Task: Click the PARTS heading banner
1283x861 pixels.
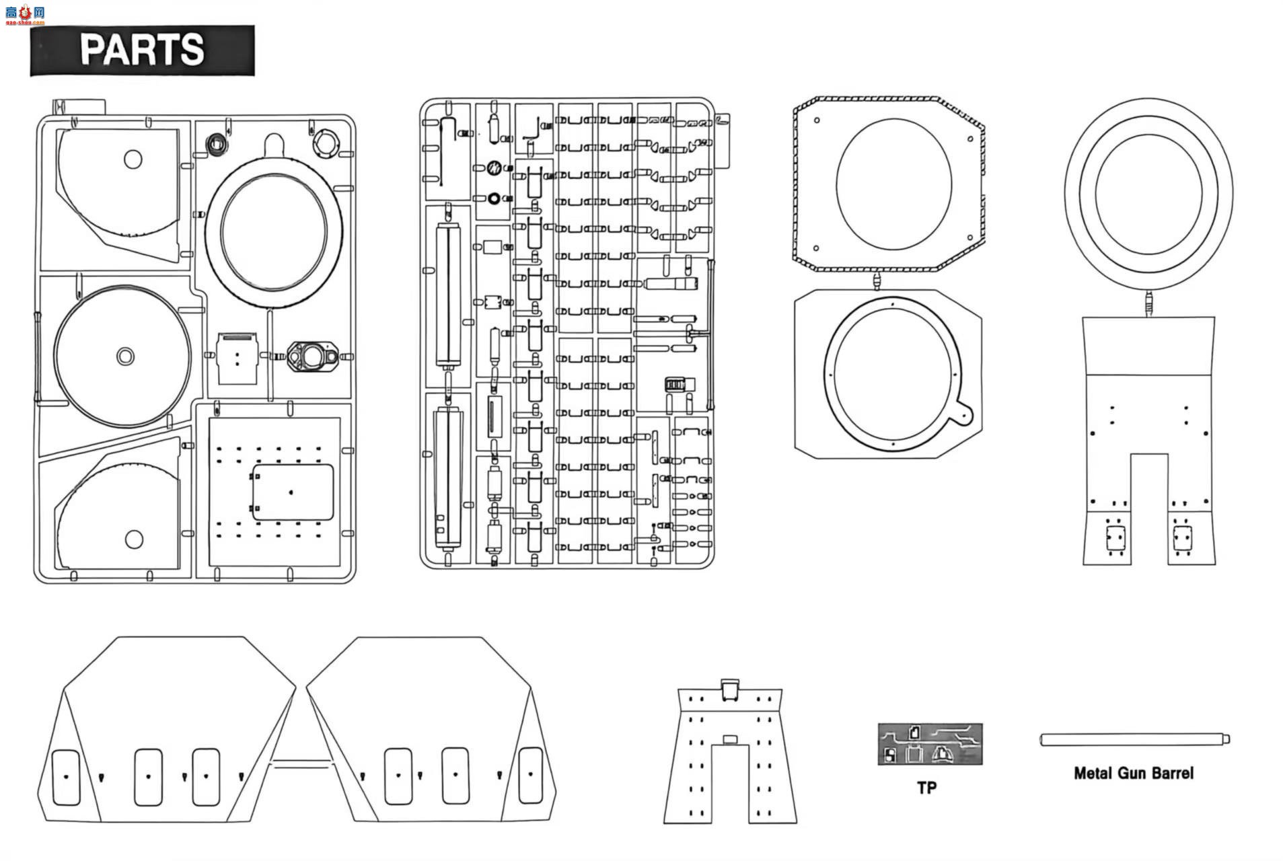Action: pos(142,50)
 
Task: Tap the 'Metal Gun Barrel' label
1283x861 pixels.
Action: pos(1133,774)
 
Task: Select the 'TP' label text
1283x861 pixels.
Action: pos(926,787)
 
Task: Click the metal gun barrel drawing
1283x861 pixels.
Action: pos(1134,739)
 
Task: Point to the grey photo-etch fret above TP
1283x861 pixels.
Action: pos(930,744)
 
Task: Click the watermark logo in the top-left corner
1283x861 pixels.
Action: pos(24,13)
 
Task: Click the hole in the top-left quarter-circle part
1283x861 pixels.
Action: pos(133,159)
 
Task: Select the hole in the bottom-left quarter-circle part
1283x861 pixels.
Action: pos(134,539)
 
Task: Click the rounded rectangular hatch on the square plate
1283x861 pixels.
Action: pos(293,492)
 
